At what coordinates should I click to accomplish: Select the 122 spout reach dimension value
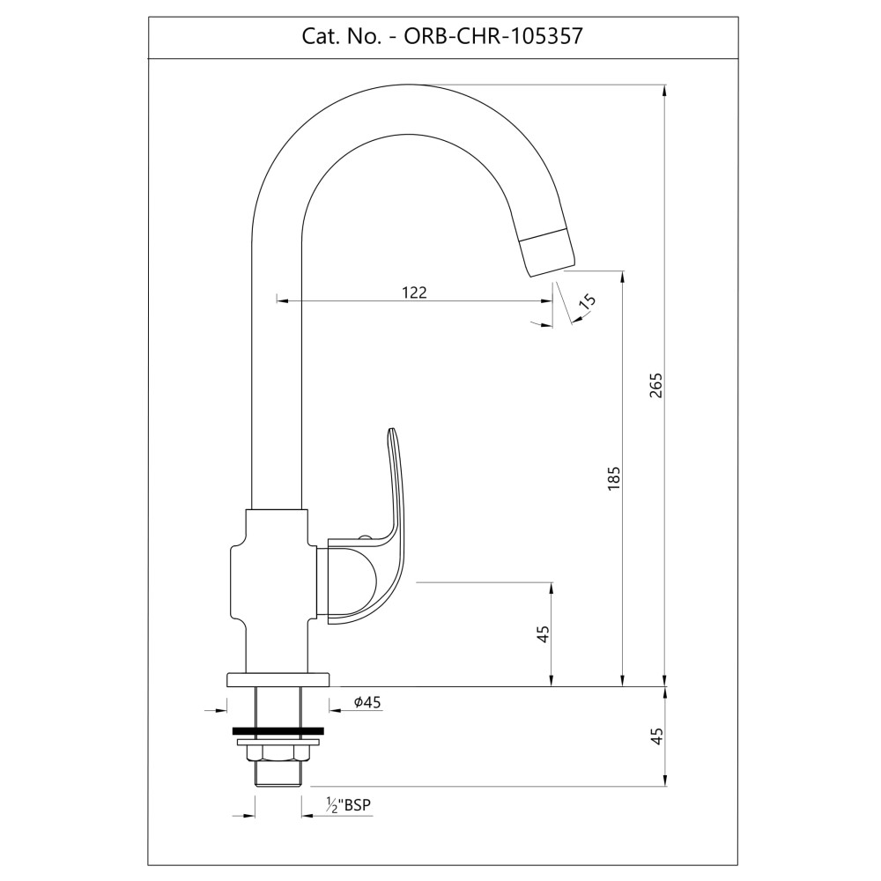tap(415, 292)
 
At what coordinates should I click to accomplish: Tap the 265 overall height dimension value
tap(656, 386)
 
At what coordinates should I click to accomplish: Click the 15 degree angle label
tap(586, 301)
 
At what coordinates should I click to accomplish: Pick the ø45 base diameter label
tap(367, 702)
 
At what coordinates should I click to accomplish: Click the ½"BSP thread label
tap(348, 805)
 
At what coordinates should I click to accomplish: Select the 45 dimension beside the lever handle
tap(543, 634)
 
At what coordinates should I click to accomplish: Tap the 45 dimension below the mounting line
tap(656, 737)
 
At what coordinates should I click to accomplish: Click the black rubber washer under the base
tap(278, 731)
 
